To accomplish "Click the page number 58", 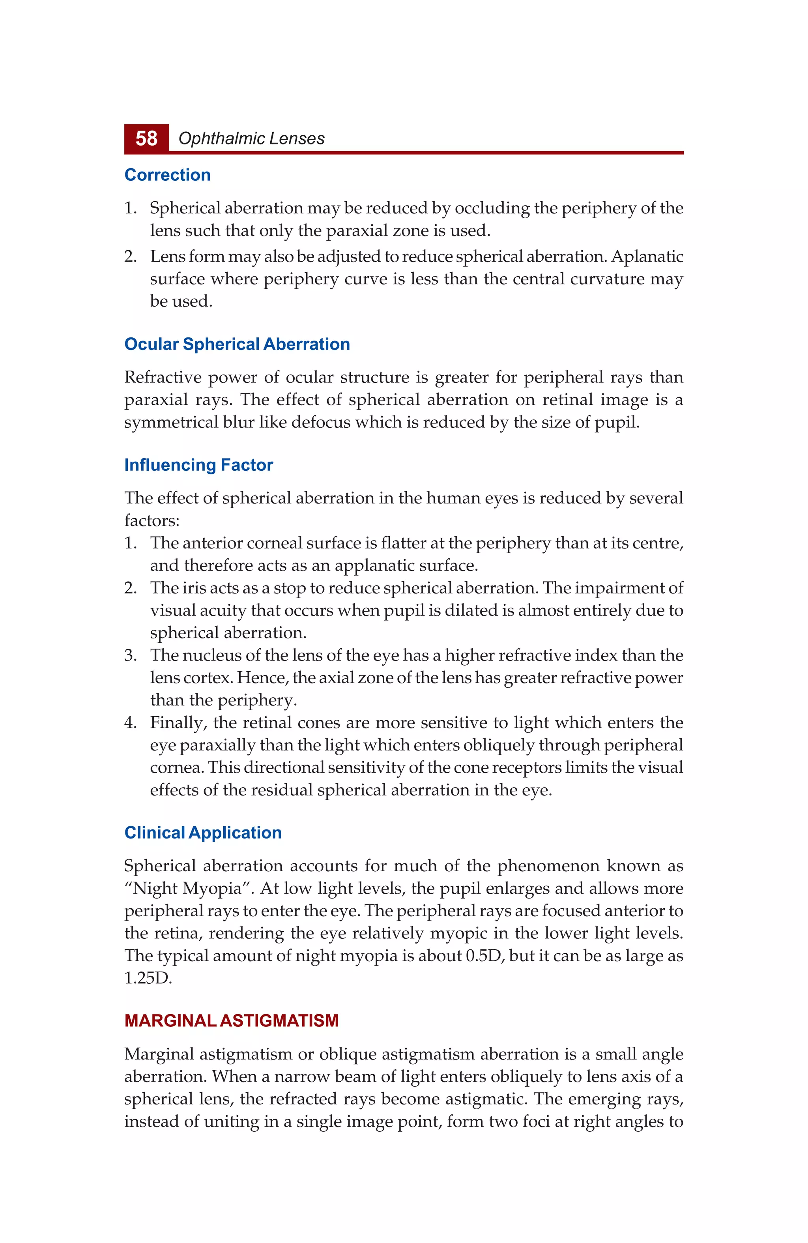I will pos(146,139).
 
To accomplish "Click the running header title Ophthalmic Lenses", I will pos(251,139).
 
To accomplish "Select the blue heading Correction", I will pos(167,175).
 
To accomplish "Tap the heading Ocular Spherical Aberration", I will pos(237,344).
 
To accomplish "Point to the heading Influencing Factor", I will pos(198,465).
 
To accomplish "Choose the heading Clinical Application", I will pos(203,833).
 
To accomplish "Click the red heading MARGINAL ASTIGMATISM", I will pos(231,1020).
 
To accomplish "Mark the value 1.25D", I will pos(148,978).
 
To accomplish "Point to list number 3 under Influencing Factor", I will pos(130,655).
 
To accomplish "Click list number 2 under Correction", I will pos(130,256).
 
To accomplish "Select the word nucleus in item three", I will pos(211,655).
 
